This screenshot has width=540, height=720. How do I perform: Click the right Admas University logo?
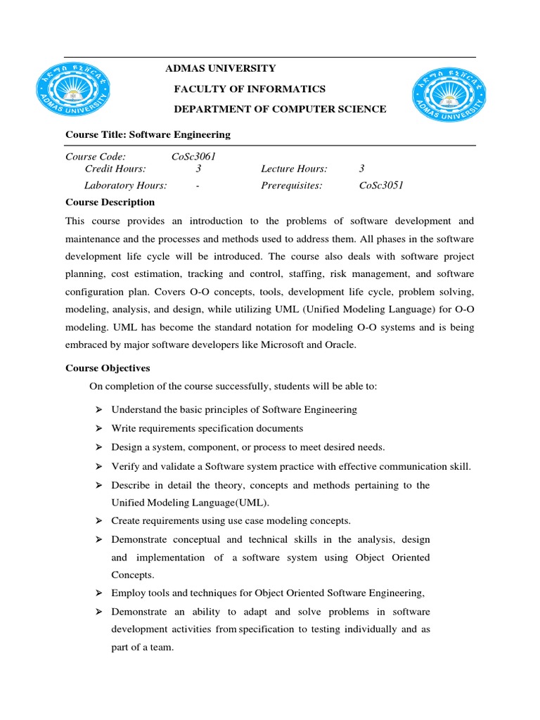tap(449, 99)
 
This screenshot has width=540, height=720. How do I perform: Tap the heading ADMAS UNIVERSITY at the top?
tap(220, 68)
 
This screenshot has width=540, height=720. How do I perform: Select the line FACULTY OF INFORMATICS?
tap(250, 89)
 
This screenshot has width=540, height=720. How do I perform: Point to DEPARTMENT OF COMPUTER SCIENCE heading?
tap(280, 109)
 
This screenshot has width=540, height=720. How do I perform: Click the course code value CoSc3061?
tap(193, 157)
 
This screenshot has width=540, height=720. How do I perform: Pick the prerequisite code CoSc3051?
tap(381, 186)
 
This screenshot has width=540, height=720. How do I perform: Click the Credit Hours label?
tap(115, 169)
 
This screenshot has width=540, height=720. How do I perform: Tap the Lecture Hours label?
tap(294, 169)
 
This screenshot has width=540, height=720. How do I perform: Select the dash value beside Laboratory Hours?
tap(198, 186)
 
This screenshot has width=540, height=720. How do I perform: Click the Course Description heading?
tap(110, 202)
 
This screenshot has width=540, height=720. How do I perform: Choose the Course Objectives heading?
tap(108, 368)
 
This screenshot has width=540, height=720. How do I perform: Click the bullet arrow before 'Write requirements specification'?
tap(98, 428)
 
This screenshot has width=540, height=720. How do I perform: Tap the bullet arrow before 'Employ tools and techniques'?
tap(98, 591)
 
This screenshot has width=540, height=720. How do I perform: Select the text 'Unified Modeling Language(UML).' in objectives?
tap(190, 503)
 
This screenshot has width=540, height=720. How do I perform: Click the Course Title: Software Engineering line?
tap(148, 134)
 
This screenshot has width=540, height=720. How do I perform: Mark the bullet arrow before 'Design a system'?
tap(98, 447)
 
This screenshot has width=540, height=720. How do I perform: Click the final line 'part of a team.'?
tap(142, 647)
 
